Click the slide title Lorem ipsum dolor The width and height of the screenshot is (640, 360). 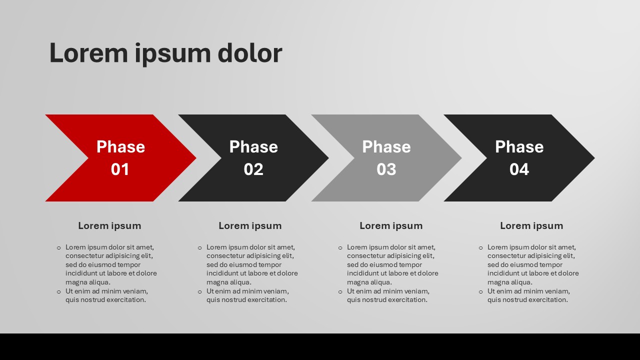tap(165, 53)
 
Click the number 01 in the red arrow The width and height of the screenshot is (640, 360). tap(120, 169)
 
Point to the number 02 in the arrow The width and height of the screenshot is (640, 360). tap(253, 169)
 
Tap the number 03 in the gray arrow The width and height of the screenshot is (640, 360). tap(386, 169)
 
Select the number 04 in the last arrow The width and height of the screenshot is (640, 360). tap(519, 169)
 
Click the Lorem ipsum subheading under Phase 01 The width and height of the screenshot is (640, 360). tap(109, 226)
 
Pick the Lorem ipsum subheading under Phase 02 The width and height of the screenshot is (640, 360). tap(250, 226)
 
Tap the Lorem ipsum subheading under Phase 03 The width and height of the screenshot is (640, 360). tap(391, 226)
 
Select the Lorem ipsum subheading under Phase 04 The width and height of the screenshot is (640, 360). tap(531, 226)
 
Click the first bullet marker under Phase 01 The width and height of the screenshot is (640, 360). tap(59, 247)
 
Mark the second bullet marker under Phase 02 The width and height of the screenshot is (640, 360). tap(200, 291)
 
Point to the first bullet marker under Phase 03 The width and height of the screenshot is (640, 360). tap(340, 247)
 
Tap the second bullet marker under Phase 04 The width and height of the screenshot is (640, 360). tap(481, 291)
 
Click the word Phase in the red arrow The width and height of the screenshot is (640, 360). tap(120, 147)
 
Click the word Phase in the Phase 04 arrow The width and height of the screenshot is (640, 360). tap(519, 147)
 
